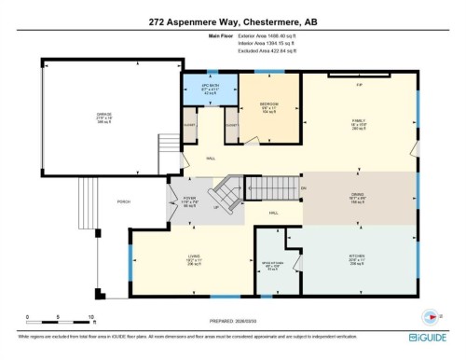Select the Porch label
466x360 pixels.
[x=122, y=201]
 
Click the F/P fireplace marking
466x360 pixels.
[x=359, y=85]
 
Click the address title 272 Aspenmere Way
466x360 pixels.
[x=232, y=21]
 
